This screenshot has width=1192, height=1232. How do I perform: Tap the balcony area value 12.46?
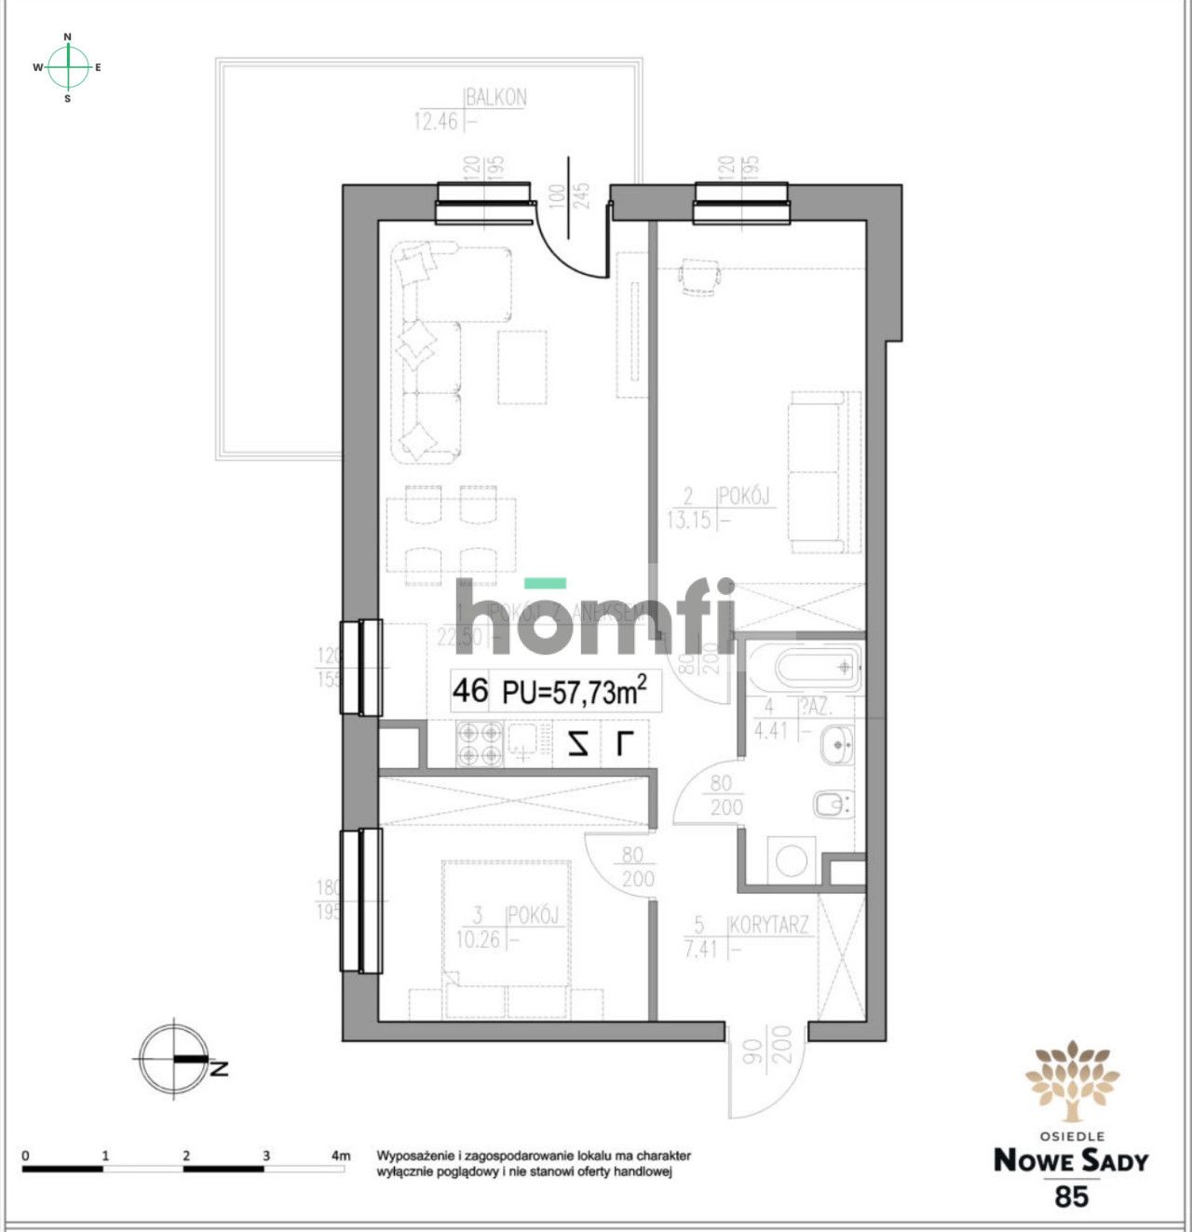[x=437, y=121]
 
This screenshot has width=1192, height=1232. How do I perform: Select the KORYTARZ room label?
[x=769, y=926]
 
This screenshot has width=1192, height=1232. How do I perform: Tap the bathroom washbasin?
[x=837, y=744]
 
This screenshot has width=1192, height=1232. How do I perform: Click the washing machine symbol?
[x=792, y=860]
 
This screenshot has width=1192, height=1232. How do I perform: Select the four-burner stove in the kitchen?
[x=479, y=744]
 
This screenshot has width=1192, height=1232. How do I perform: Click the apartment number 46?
[x=470, y=691]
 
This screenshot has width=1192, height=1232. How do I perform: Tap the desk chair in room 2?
[x=700, y=278]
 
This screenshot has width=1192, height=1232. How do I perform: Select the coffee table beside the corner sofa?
[x=522, y=367]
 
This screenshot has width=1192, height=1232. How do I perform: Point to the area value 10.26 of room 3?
[x=478, y=941]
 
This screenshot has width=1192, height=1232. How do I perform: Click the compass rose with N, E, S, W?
[x=68, y=67]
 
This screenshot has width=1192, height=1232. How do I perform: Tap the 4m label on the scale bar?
[x=341, y=1156]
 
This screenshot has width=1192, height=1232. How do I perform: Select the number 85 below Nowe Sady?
[x=1071, y=1196]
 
